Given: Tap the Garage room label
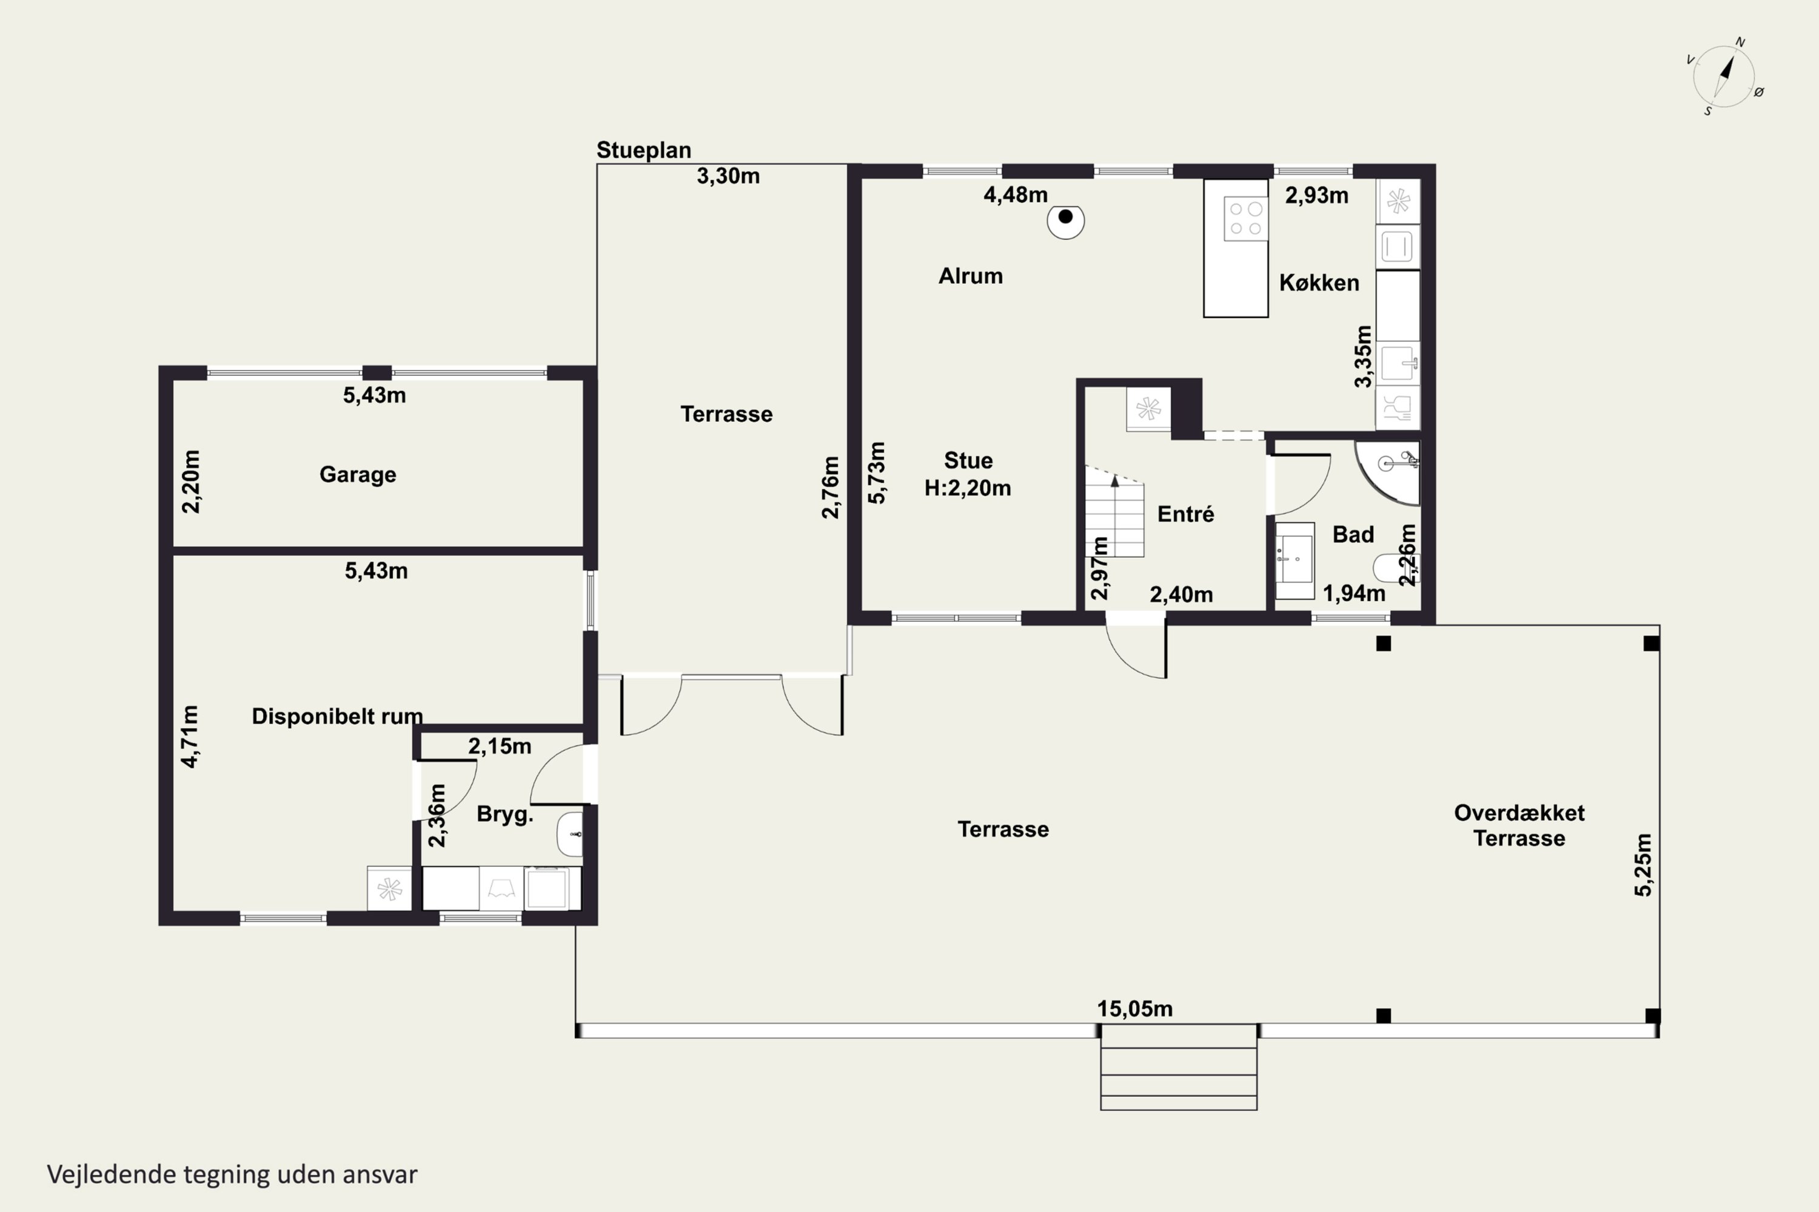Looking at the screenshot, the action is point(358,474).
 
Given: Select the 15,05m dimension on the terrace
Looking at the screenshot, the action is point(1134,1009).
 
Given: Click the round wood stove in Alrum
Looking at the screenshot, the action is point(1066,221).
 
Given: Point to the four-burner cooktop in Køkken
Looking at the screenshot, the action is point(1246,219).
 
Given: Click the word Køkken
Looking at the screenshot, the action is point(1319,283).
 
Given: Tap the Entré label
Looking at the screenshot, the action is point(1185,514).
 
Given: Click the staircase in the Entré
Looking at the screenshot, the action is point(1114,511).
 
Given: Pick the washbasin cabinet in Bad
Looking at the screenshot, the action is point(1294,561).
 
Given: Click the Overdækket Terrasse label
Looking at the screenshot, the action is point(1519,825).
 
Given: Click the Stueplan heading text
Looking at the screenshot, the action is point(643,150).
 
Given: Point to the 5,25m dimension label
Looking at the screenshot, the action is point(1643,865).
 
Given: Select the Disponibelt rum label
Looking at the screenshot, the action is point(337,716).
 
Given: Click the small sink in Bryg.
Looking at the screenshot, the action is point(569,834).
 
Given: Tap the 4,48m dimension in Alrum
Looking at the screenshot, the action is point(1016,195).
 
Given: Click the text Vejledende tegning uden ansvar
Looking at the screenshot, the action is point(232,1174).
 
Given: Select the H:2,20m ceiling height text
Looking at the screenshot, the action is point(968,488).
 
